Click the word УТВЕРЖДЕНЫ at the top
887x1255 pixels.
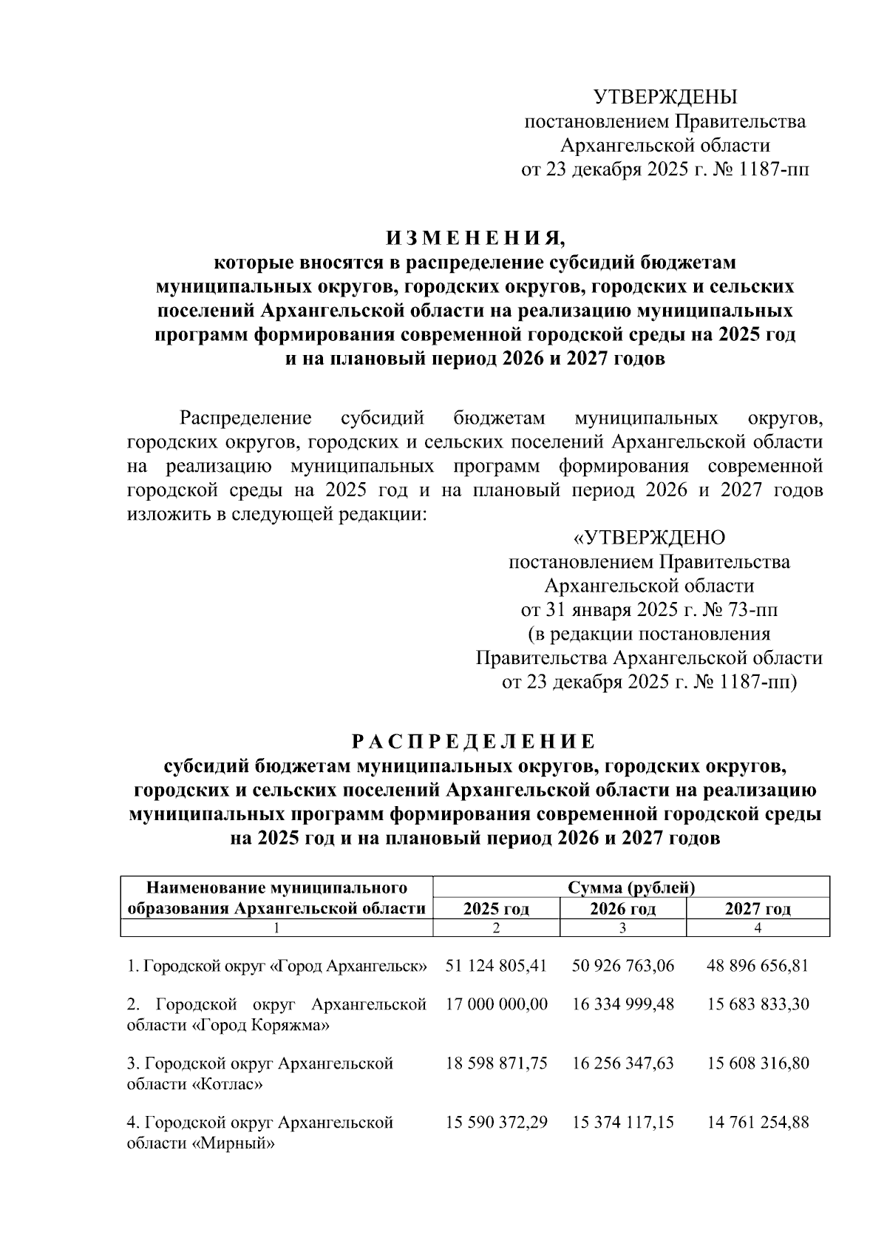[x=665, y=97]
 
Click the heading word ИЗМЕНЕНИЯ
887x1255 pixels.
[x=474, y=239]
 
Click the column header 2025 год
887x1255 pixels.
[x=496, y=908]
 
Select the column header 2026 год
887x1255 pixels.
[x=622, y=908]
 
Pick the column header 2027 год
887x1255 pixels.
[x=758, y=908]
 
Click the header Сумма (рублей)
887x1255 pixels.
[x=631, y=887]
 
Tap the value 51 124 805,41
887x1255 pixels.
[x=496, y=965]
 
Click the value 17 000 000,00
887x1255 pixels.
[x=496, y=1004]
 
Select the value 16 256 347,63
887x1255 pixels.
[x=622, y=1063]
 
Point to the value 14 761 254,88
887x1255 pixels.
[x=758, y=1123]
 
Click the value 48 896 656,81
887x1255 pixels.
[x=758, y=965]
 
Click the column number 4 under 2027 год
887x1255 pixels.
[x=758, y=928]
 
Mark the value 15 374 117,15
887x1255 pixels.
[x=622, y=1123]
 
